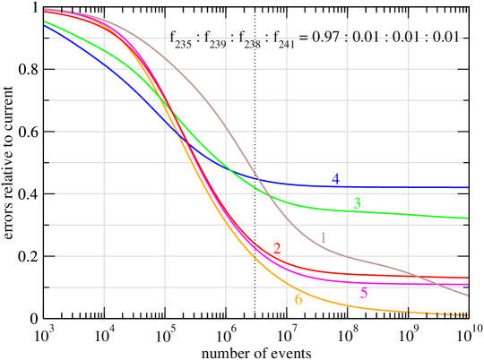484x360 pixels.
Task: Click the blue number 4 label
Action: (335, 179)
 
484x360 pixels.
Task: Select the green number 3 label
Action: (357, 203)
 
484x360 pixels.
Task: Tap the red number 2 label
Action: (277, 248)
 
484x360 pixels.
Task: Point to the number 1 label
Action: (323, 236)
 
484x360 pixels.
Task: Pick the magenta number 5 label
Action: (363, 293)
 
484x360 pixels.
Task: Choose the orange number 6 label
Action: (298, 299)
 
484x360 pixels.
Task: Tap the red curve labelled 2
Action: (359, 274)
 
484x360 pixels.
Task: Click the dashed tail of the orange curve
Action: (448, 314)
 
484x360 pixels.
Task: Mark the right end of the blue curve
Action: (467, 188)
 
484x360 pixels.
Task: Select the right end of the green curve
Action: (467, 218)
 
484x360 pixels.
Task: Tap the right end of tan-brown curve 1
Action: (467, 296)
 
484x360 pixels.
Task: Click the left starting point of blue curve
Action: (44, 25)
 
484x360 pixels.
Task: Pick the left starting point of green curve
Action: (44, 21)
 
